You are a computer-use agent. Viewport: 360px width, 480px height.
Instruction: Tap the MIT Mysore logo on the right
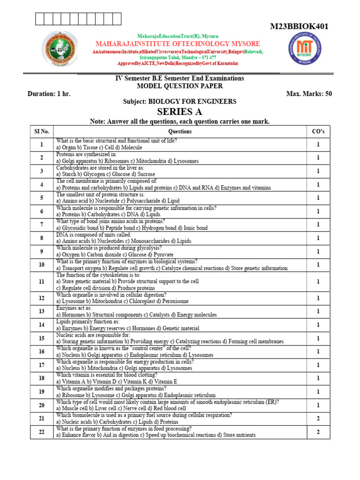point(305,51)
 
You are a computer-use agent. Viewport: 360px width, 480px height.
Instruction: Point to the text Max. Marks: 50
point(308,94)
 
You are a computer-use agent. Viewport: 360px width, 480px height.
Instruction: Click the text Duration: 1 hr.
point(49,94)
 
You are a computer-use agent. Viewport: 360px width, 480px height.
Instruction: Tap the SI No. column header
point(41,132)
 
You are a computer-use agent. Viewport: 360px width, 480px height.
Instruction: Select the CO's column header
point(318,132)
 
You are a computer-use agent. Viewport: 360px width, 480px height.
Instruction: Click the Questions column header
point(180,132)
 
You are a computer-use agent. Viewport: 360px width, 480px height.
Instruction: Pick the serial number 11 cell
point(41,282)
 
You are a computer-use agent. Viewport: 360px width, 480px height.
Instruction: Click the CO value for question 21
point(318,419)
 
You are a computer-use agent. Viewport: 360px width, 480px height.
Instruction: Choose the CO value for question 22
point(318,432)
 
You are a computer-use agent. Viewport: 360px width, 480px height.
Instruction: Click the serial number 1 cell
point(41,144)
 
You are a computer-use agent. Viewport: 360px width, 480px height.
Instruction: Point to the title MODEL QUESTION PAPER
point(180,86)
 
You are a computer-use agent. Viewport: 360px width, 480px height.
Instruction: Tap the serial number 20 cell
point(41,405)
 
